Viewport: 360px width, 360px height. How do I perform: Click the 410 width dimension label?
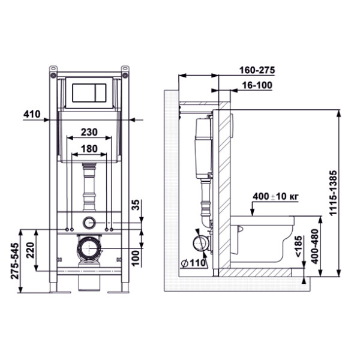(32, 114)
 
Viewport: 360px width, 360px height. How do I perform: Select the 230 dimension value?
(89, 132)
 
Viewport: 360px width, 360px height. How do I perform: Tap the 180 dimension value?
(89, 149)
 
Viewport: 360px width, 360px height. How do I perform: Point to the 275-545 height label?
(15, 261)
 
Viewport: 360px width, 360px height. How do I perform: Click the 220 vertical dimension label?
(31, 250)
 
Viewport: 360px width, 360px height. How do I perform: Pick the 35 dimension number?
(136, 205)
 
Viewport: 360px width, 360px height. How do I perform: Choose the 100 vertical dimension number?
(136, 258)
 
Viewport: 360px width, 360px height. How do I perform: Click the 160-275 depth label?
(257, 70)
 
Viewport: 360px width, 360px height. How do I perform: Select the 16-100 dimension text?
(257, 85)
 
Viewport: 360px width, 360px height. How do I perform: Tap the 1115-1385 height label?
(333, 193)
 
